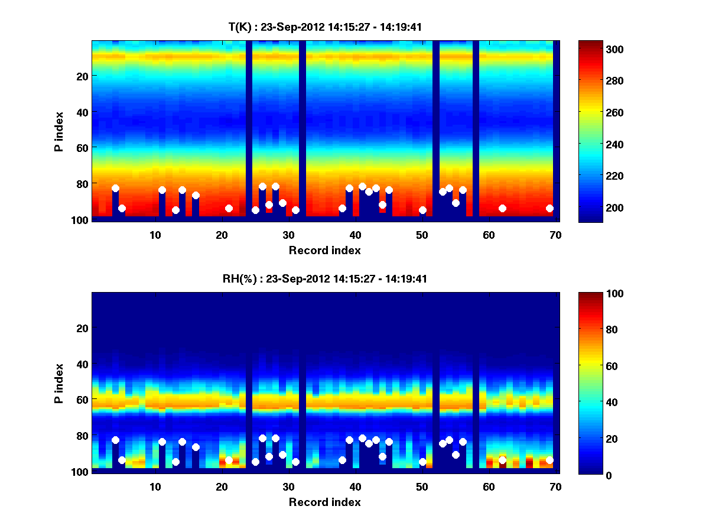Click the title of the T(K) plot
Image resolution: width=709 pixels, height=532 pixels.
click(x=325, y=27)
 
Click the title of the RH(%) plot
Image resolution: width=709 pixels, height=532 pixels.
click(x=325, y=279)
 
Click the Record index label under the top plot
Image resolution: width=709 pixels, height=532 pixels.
click(x=324, y=250)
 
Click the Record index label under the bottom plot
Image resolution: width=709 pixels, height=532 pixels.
click(x=324, y=502)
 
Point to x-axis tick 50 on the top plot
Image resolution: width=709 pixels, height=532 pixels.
click(x=422, y=235)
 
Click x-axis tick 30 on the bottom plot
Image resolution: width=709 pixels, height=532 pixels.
click(x=288, y=486)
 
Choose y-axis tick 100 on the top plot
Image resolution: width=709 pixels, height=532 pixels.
click(x=81, y=220)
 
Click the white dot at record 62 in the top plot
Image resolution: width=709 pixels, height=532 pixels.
click(x=502, y=208)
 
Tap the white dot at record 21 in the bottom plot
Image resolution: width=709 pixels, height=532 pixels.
click(x=229, y=460)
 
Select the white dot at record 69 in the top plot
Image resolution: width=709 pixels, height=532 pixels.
click(x=549, y=208)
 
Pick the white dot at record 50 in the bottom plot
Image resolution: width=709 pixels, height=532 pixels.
click(x=422, y=462)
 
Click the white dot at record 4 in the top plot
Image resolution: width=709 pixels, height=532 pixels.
click(x=115, y=188)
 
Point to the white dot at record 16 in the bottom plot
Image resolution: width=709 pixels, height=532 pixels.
click(x=196, y=447)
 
